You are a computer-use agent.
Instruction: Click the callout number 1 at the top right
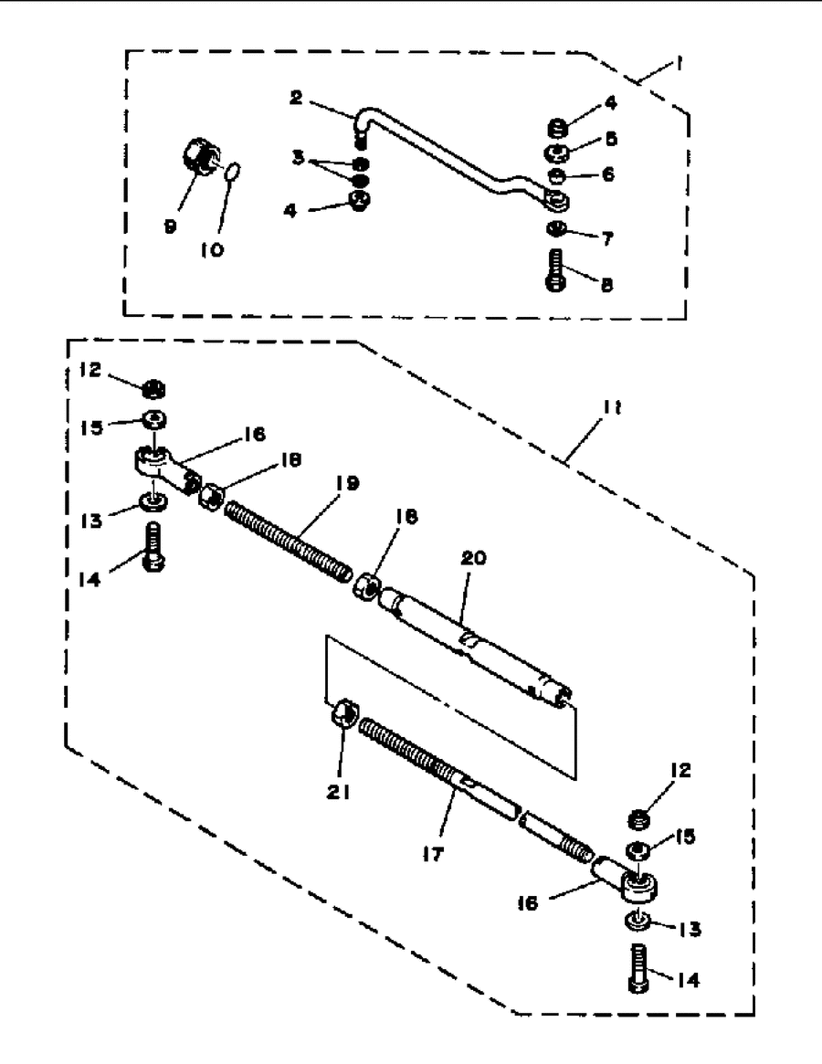pyautogui.click(x=677, y=65)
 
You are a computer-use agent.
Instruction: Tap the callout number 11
pyautogui.click(x=612, y=408)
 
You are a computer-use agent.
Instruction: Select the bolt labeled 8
pyautogui.click(x=556, y=270)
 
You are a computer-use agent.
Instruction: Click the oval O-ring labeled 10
pyautogui.click(x=231, y=173)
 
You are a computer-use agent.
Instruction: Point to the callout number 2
pyautogui.click(x=295, y=98)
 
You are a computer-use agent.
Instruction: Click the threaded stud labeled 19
pyautogui.click(x=288, y=541)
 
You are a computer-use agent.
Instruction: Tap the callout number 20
pyautogui.click(x=474, y=558)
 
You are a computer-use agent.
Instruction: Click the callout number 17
pyautogui.click(x=432, y=855)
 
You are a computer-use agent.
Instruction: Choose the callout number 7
pyautogui.click(x=607, y=239)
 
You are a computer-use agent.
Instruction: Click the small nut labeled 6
pyautogui.click(x=555, y=177)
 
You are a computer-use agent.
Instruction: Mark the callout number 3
pyautogui.click(x=298, y=158)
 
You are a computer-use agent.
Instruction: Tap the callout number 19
pyautogui.click(x=348, y=484)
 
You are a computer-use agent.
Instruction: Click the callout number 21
pyautogui.click(x=338, y=791)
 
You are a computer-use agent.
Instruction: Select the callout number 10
pyautogui.click(x=212, y=250)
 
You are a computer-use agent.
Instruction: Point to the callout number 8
pyautogui.click(x=606, y=286)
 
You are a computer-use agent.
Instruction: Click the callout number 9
pyautogui.click(x=170, y=226)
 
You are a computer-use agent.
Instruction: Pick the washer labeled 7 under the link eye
pyautogui.click(x=556, y=229)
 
